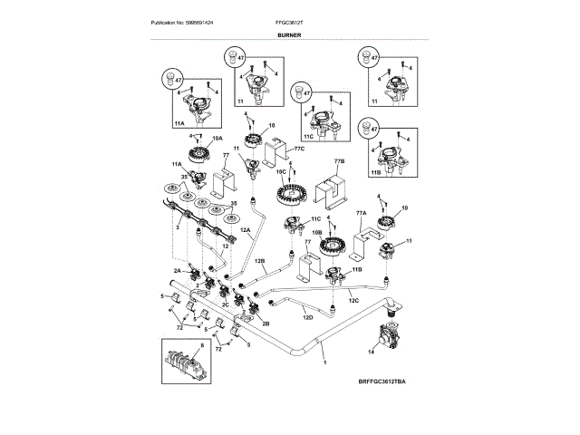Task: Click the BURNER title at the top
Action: tap(289, 35)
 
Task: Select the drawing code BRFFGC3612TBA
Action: tap(382, 384)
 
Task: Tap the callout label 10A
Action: tap(217, 138)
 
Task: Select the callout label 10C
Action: tap(280, 171)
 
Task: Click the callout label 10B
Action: tap(317, 232)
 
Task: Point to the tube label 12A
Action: tap(244, 230)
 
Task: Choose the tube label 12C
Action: tap(354, 300)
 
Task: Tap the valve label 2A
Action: tap(178, 270)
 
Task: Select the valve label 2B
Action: tap(266, 323)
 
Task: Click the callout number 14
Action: tap(370, 349)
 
